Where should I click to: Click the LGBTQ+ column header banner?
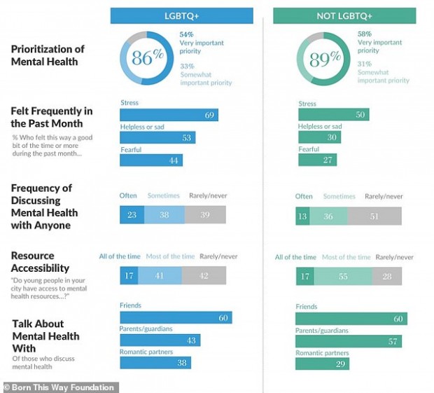pyautogui.click(x=181, y=15)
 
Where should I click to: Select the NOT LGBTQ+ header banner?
pyautogui.click(x=344, y=15)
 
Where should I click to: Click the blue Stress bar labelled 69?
pyautogui.click(x=169, y=115)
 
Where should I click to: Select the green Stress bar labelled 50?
pyautogui.click(x=333, y=115)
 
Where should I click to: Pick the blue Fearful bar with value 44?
pyautogui.click(x=151, y=160)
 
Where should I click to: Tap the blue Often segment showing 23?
pyautogui.click(x=132, y=215)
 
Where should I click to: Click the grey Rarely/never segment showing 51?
pyautogui.click(x=374, y=216)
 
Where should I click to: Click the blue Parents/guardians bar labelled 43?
pyautogui.click(x=160, y=340)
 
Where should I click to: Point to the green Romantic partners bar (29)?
pyautogui.click(x=322, y=364)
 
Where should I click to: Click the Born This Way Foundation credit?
pyautogui.click(x=60, y=387)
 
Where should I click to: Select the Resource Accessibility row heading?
pyautogui.click(x=40, y=262)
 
